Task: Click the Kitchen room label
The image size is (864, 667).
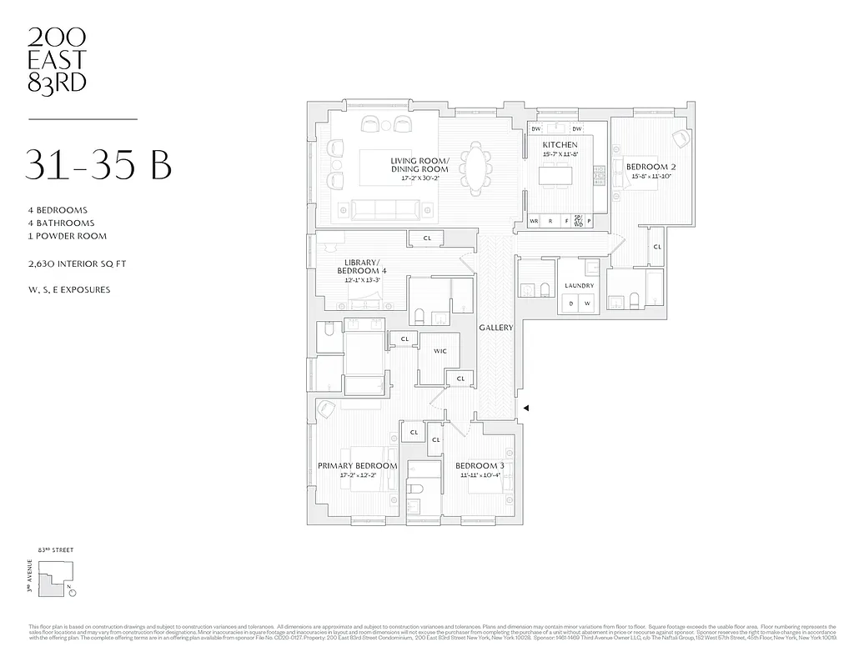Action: [559, 145]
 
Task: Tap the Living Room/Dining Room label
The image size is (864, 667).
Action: [419, 165]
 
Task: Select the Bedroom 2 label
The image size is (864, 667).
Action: [651, 167]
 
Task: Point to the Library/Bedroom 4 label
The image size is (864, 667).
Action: [361, 267]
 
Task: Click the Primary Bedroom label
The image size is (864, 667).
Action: [357, 465]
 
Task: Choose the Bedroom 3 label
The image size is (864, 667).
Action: [479, 465]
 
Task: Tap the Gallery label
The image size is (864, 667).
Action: [495, 328]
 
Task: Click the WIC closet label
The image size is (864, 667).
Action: [440, 351]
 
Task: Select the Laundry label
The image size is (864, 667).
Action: [579, 286]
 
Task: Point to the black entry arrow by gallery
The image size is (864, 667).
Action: [525, 407]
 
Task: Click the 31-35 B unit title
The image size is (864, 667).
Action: [99, 164]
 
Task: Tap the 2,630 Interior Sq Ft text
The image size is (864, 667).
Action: [76, 263]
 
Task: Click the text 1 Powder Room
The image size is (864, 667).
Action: [66, 236]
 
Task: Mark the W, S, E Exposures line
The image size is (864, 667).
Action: [68, 290]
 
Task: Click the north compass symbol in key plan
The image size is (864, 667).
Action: [73, 593]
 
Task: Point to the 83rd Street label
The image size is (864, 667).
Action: [56, 551]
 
